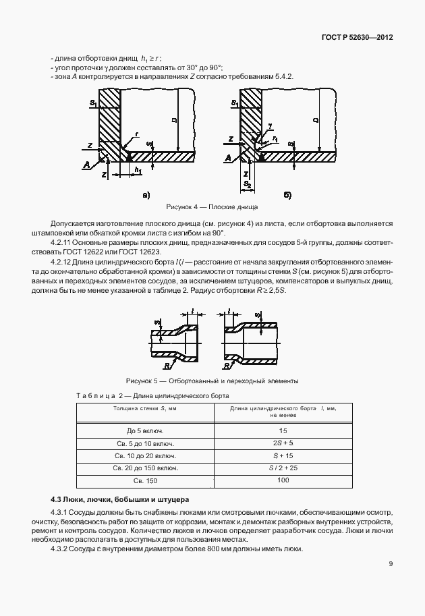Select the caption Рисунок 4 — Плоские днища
[x=212, y=207]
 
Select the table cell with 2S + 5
[x=283, y=443]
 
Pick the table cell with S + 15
[x=283, y=455]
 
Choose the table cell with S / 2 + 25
[x=283, y=467]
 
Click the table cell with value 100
[x=283, y=480]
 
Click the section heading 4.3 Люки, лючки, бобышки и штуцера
[x=120, y=499]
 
